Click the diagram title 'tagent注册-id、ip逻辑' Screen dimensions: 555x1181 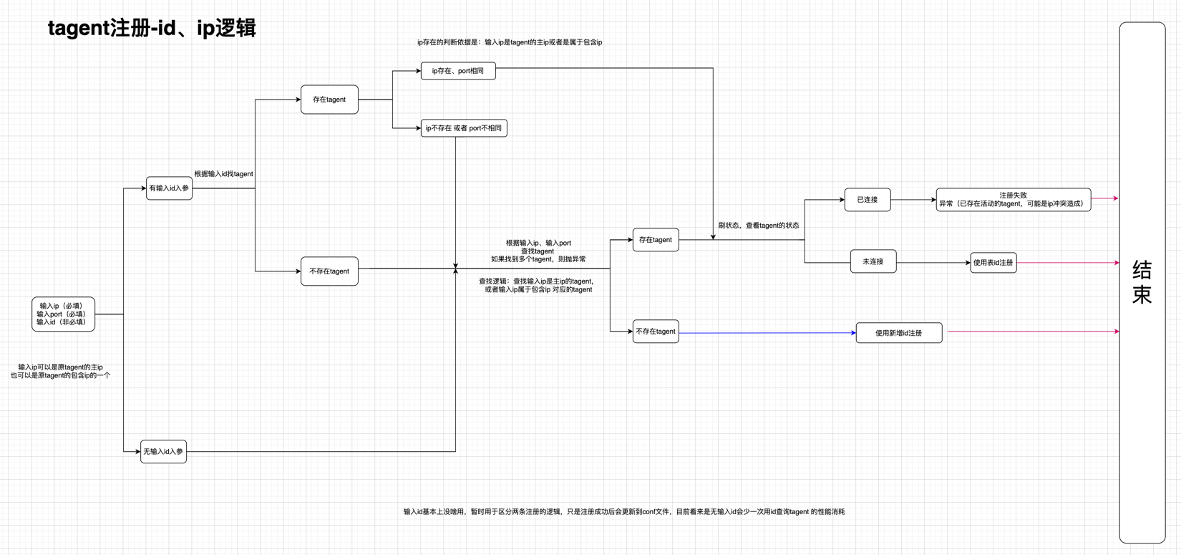pyautogui.click(x=152, y=29)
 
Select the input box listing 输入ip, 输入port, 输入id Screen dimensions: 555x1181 pyautogui.click(x=63, y=314)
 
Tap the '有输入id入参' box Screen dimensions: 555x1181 pyautogui.click(x=169, y=188)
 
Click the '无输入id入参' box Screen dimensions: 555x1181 pyautogui.click(x=163, y=451)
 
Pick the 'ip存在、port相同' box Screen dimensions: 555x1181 pyautogui.click(x=458, y=71)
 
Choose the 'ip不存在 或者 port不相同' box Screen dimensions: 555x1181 pyautogui.click(x=464, y=128)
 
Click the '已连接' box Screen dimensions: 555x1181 pyautogui.click(x=867, y=200)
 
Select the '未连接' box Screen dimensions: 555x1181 pyautogui.click(x=873, y=261)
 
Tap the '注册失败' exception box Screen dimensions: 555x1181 pyautogui.click(x=1013, y=200)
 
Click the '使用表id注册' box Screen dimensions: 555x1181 pyautogui.click(x=993, y=263)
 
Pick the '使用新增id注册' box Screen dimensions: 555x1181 pyautogui.click(x=899, y=333)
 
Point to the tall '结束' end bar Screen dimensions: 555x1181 pyautogui.click(x=1142, y=282)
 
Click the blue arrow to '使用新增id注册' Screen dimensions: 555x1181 pyautogui.click(x=766, y=333)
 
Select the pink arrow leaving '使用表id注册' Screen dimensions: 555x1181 pyautogui.click(x=1066, y=263)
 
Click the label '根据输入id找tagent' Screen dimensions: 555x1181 pyautogui.click(x=223, y=174)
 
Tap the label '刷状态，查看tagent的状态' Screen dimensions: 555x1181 pyautogui.click(x=759, y=226)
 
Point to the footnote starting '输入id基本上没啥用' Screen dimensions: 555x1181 pyautogui.click(x=624, y=512)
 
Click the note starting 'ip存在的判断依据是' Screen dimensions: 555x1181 pyautogui.click(x=510, y=42)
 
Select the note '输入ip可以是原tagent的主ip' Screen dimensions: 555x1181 pyautogui.click(x=60, y=371)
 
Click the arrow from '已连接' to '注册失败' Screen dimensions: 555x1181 pyautogui.click(x=913, y=200)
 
